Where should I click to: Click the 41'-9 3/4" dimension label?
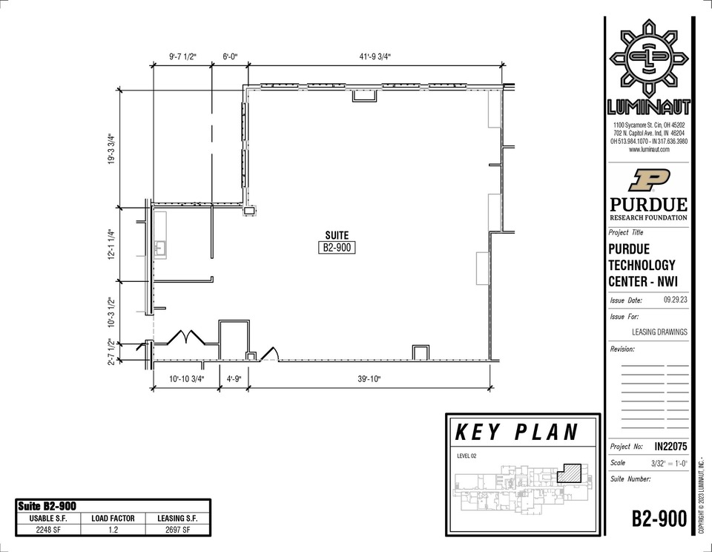[x=375, y=57]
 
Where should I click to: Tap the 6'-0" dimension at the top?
[x=230, y=57]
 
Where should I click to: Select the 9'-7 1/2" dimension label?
[x=182, y=57]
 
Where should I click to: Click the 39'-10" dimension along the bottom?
[x=369, y=379]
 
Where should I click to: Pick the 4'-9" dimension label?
[x=234, y=379]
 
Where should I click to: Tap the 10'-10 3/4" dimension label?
[x=187, y=379]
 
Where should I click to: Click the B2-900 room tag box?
[x=337, y=248]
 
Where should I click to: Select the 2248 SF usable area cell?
[x=48, y=529]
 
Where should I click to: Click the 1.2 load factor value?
[x=113, y=529]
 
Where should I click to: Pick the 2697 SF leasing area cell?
[x=177, y=529]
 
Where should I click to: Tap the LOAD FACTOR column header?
[x=113, y=519]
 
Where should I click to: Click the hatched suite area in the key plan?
[x=570, y=473]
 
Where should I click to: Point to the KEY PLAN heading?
[x=517, y=433]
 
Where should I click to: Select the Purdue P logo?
[x=649, y=180]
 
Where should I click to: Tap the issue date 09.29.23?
[x=675, y=300]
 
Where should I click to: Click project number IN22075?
[x=670, y=447]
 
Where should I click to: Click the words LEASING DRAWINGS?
[x=659, y=332]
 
